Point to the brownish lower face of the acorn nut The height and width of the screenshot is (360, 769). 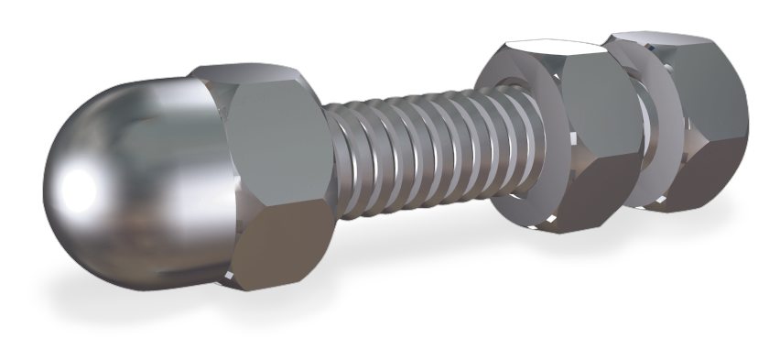pos(279,243)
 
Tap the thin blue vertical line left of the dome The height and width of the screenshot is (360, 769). pos(42,229)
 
